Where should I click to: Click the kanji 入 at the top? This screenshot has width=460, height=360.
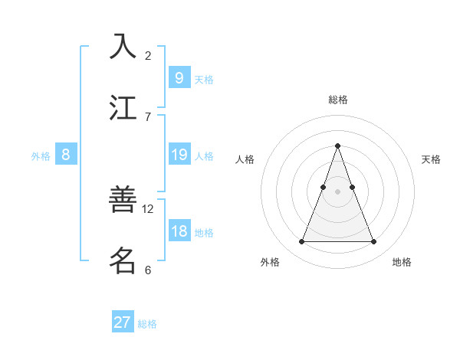(x=123, y=47)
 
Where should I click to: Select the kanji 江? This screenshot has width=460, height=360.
(x=123, y=107)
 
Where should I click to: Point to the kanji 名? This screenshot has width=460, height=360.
(x=123, y=260)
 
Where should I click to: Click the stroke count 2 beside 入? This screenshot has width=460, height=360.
(x=148, y=55)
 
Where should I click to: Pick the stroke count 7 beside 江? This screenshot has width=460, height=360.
(x=148, y=116)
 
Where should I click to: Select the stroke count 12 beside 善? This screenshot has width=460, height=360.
(x=149, y=208)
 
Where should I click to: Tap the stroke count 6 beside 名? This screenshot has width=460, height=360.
(x=148, y=270)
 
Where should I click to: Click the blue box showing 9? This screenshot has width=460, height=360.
(x=179, y=78)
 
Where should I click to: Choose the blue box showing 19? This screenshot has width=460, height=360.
(x=179, y=155)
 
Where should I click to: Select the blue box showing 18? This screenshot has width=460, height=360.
(x=179, y=231)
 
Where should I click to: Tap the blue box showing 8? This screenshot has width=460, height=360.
(x=65, y=155)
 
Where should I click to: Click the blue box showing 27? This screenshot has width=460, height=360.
(x=123, y=322)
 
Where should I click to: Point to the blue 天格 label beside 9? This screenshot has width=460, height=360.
(x=204, y=79)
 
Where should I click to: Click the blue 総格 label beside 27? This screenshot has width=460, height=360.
(x=147, y=324)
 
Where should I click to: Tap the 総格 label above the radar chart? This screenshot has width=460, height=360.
(x=338, y=100)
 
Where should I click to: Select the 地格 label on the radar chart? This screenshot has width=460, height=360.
(x=402, y=262)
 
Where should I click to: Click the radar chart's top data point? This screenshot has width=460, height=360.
(x=337, y=146)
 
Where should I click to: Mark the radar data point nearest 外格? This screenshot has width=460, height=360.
(x=301, y=242)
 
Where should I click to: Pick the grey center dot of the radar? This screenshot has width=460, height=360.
(x=337, y=191)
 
